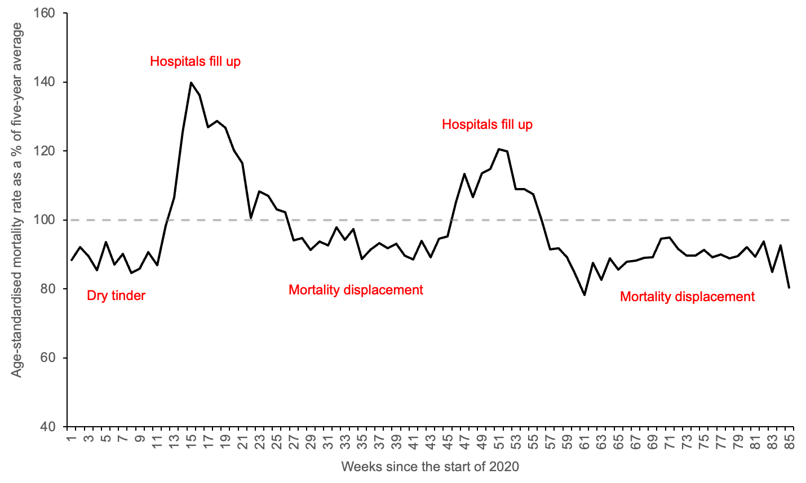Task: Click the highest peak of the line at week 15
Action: pyautogui.click(x=191, y=83)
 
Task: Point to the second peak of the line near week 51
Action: pyautogui.click(x=499, y=149)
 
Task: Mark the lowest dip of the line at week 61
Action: pyautogui.click(x=584, y=294)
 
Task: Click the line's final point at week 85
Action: pyautogui.click(x=789, y=288)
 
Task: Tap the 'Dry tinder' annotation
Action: pyautogui.click(x=116, y=296)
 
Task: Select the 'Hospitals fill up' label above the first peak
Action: pyautogui.click(x=195, y=61)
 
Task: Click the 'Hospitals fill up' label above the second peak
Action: pyautogui.click(x=487, y=124)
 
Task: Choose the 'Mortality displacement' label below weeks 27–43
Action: pyautogui.click(x=356, y=290)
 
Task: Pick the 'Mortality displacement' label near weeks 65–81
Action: pyautogui.click(x=687, y=297)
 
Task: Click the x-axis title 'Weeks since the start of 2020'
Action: pyautogui.click(x=429, y=467)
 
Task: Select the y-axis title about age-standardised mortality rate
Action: pyautogui.click(x=17, y=200)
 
